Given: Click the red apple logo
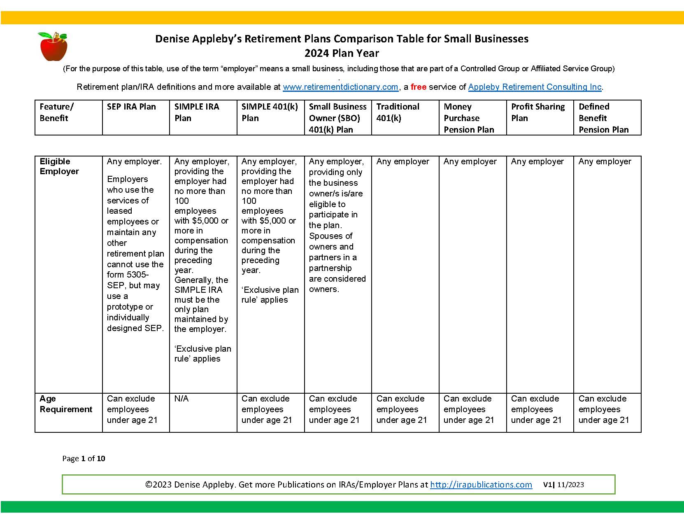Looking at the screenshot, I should [x=53, y=47].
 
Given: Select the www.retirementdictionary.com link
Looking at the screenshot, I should [x=340, y=87].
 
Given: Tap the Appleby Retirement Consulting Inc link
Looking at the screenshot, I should [x=535, y=87].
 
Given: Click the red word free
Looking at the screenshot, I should [x=418, y=87].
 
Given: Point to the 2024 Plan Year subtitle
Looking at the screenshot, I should [x=342, y=53].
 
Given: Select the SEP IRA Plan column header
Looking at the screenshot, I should [x=131, y=107].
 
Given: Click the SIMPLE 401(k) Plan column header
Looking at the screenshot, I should [x=270, y=112].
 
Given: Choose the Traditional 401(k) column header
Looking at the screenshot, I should [x=398, y=112].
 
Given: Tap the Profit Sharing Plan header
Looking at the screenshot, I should [x=537, y=112].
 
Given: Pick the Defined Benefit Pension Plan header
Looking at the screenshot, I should [x=603, y=118].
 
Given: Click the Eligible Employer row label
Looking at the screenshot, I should [x=59, y=166].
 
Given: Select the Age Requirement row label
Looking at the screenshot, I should [x=66, y=404].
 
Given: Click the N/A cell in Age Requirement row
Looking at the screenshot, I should [x=181, y=399].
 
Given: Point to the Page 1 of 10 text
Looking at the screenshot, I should [x=84, y=458].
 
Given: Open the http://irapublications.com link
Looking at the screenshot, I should [x=481, y=485].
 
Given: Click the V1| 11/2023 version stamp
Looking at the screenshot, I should [x=563, y=485].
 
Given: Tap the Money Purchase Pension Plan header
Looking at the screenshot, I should [x=468, y=118].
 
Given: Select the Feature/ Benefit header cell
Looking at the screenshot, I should [x=56, y=112].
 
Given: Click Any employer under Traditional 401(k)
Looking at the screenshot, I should [x=402, y=161].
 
